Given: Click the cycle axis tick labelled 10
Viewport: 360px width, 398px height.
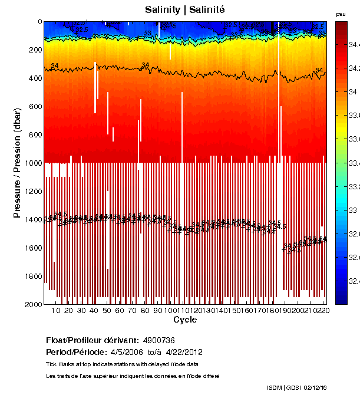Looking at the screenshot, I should tap(56, 311).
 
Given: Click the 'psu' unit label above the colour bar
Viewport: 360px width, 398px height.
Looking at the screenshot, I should tap(341, 14).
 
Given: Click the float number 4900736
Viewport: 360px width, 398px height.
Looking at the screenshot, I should tap(158, 341).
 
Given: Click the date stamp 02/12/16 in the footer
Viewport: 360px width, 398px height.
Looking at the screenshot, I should tap(316, 387).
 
